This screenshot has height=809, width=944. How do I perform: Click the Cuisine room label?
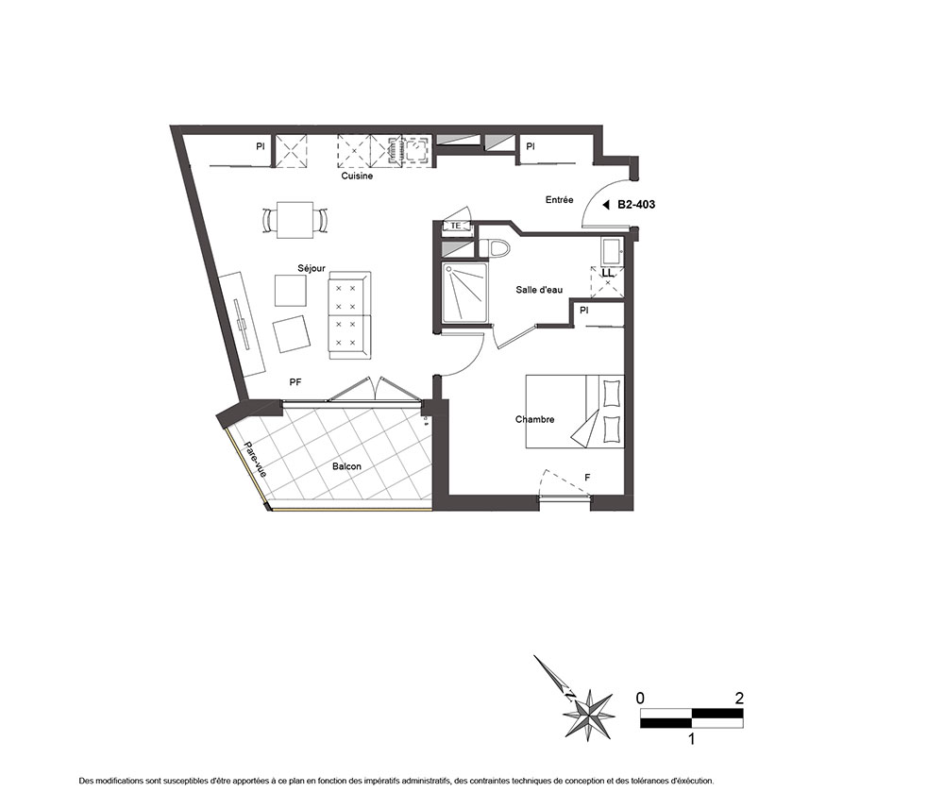[357, 176]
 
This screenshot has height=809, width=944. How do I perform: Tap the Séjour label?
[312, 268]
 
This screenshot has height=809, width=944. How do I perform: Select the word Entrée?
[559, 200]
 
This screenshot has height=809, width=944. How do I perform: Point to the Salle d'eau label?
[539, 290]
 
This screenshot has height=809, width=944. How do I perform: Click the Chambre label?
[534, 419]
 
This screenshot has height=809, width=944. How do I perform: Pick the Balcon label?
[346, 466]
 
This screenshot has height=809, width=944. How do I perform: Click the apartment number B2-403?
[636, 205]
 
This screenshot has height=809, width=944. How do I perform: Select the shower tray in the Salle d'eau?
[464, 294]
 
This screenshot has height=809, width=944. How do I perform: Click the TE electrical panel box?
[456, 226]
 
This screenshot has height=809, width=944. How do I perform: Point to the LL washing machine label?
[608, 273]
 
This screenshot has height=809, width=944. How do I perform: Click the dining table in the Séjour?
[295, 220]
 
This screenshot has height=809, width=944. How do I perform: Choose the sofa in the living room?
[349, 315]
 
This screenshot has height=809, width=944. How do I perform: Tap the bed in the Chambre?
[575, 412]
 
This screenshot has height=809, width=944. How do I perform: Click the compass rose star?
[588, 715]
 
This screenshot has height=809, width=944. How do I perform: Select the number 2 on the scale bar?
[739, 699]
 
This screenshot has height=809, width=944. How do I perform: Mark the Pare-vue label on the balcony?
[255, 460]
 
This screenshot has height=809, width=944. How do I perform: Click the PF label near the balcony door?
[295, 382]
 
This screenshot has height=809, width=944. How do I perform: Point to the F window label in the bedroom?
[587, 478]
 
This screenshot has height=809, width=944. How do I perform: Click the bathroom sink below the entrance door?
[613, 252]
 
